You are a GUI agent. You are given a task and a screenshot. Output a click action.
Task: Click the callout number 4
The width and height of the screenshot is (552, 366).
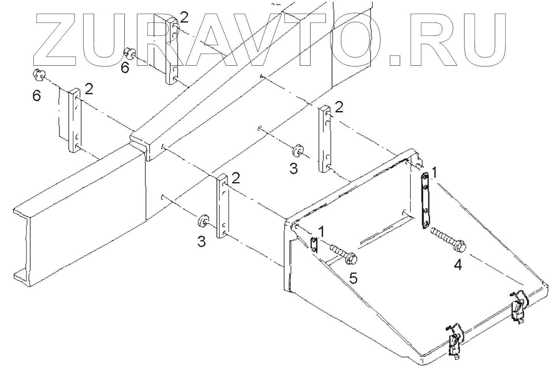point(458,265)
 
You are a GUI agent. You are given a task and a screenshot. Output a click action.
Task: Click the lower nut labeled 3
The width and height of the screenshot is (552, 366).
point(202,221)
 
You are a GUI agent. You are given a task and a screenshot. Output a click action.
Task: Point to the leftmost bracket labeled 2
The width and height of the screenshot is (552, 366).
point(75,120)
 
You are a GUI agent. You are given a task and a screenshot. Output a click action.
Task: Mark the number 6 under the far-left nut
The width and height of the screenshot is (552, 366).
point(36,96)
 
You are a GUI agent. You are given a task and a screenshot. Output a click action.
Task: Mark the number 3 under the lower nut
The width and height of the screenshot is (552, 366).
point(201,242)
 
